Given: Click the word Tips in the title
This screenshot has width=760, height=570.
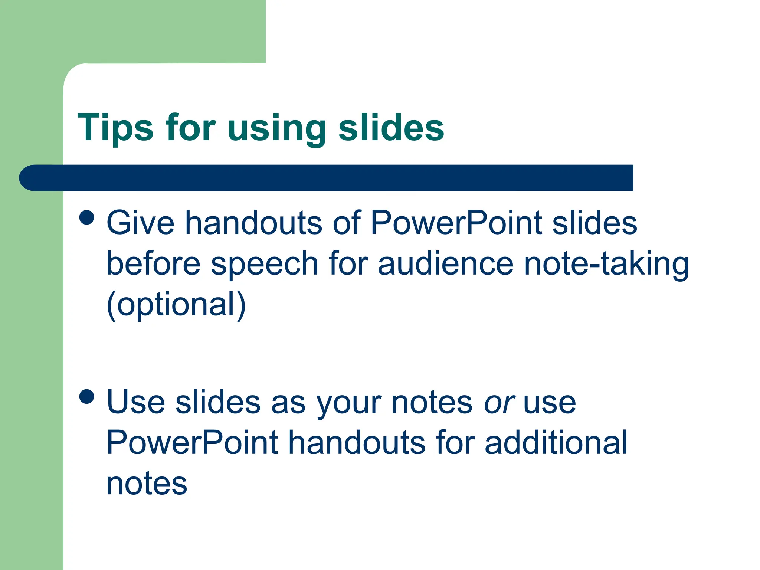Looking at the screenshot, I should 115,128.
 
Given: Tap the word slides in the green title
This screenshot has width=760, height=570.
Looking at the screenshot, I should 391,128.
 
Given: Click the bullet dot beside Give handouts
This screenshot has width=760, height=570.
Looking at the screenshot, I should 87,217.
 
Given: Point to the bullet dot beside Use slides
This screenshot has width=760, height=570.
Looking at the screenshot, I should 87,396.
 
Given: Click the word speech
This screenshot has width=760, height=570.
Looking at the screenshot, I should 265,264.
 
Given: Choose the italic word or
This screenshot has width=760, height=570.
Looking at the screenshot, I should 499,403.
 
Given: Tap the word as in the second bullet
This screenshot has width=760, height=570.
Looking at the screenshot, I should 288,403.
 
